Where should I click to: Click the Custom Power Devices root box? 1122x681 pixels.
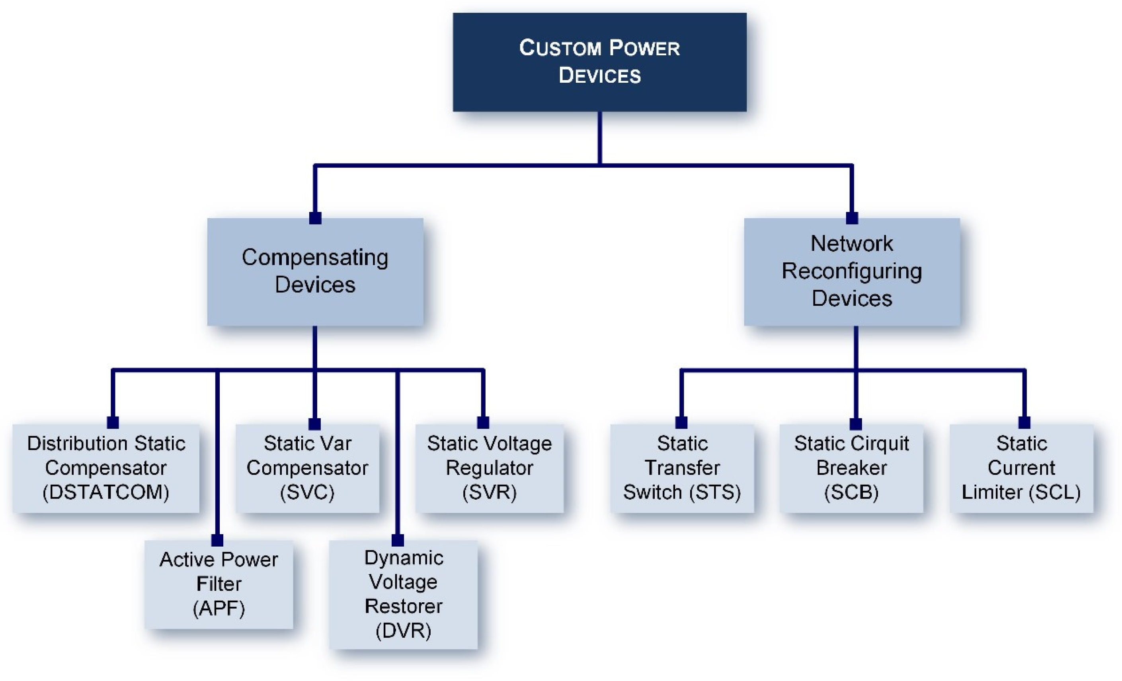[599, 62]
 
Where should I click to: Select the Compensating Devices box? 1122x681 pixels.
[315, 272]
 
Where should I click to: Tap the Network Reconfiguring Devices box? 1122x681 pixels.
[851, 272]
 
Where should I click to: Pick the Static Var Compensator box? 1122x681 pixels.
[307, 468]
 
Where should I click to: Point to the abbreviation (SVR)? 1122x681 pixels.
[490, 492]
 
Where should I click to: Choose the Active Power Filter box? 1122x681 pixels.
[219, 584]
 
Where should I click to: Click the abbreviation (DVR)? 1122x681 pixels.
[404, 631]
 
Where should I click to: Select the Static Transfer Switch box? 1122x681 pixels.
[682, 468]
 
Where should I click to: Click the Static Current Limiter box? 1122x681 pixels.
[1021, 468]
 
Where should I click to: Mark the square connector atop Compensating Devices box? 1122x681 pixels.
[315, 218]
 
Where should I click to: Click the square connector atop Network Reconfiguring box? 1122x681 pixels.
[851, 218]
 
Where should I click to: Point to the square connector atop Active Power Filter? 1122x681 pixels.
[217, 540]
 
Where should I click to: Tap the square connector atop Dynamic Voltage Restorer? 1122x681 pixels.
[398, 540]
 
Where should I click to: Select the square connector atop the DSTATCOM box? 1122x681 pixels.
[113, 422]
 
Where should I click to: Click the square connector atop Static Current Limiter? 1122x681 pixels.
[1024, 422]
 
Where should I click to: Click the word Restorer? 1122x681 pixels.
[404, 606]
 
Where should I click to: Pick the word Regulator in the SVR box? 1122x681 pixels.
[490, 468]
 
